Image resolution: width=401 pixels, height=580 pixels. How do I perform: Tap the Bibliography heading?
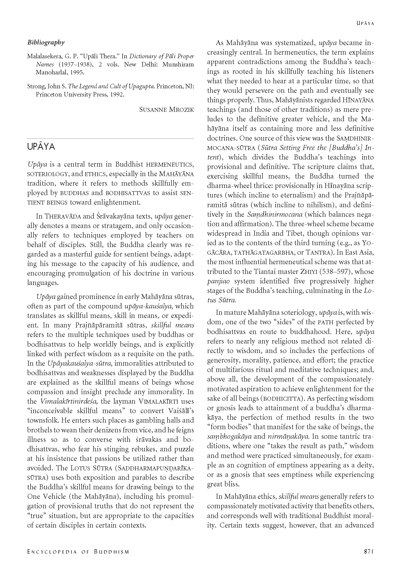coord(46,42)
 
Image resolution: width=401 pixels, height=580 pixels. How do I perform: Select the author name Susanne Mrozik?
coord(166,109)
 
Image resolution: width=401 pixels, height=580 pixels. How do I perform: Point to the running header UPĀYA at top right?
coord(365,23)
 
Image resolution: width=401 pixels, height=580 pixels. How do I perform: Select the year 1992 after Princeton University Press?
coord(115,95)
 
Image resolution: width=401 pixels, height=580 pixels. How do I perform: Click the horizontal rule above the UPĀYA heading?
coord(110,138)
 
